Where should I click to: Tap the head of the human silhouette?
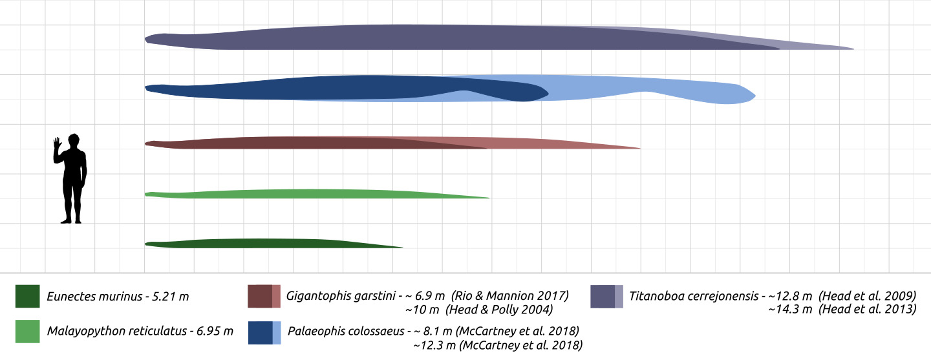[74, 140]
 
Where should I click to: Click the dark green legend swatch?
[27, 297]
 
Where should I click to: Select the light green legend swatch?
[27, 332]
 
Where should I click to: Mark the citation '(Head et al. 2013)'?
[867, 310]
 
